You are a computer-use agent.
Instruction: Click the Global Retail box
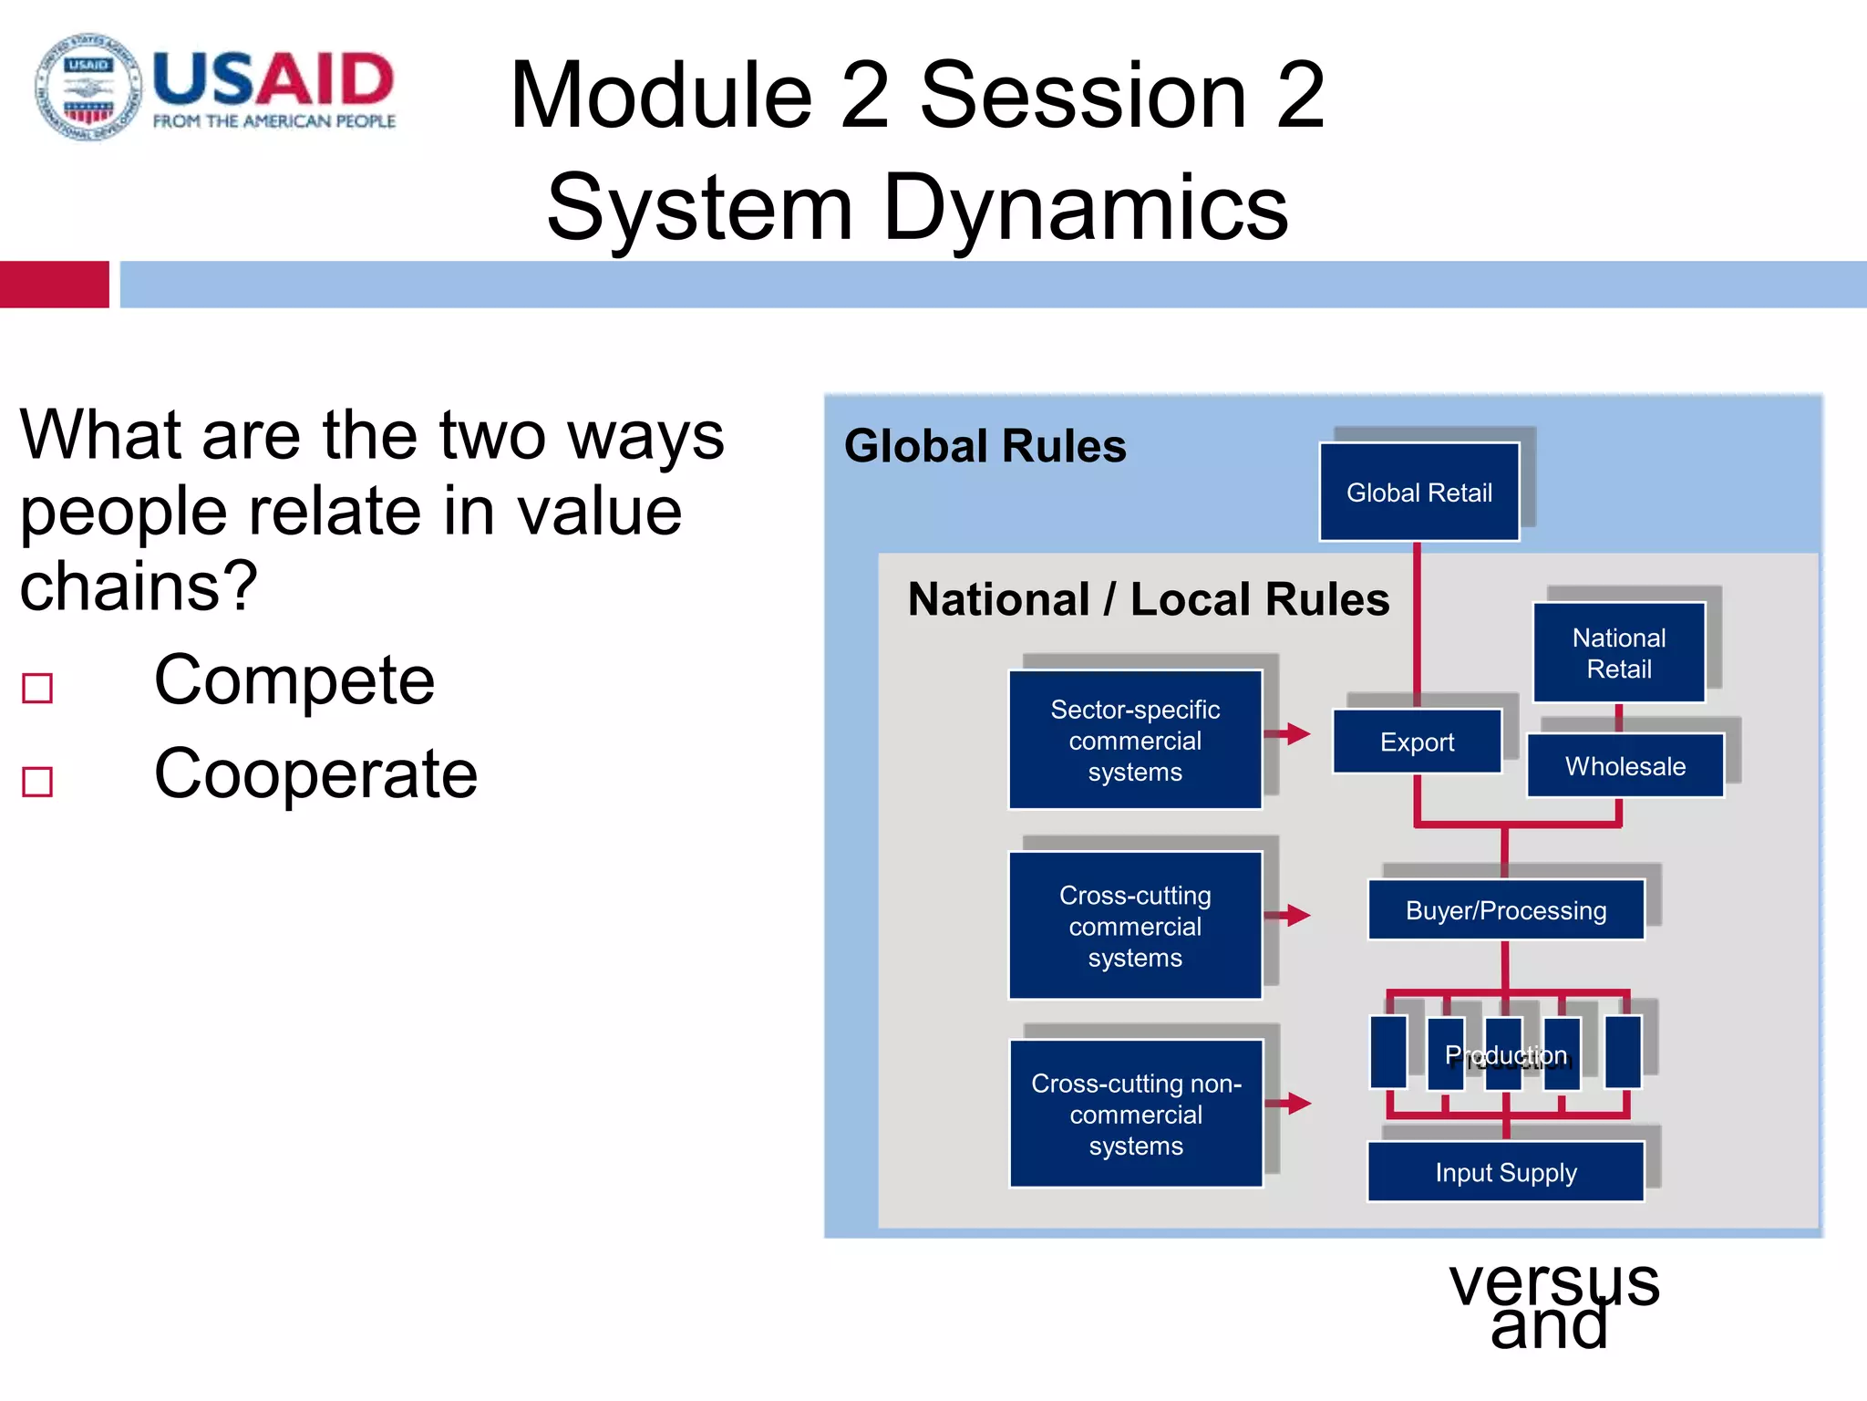(1418, 493)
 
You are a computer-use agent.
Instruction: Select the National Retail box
(1618, 653)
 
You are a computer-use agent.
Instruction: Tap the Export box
(1417, 742)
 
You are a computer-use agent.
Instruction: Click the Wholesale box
(1625, 766)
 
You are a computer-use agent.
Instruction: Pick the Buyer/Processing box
(1505, 910)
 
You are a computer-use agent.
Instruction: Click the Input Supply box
(1505, 1172)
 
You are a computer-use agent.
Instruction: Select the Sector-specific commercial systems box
(1135, 740)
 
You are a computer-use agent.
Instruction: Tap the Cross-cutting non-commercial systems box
(1136, 1114)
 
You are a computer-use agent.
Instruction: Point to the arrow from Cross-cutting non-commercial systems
(1289, 1104)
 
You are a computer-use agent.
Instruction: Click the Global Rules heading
(985, 446)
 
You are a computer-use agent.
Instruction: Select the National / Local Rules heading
(1148, 599)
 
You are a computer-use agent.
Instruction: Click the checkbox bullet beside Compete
(37, 688)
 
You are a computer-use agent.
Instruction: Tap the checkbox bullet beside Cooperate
(37, 782)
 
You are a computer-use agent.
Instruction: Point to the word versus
(1554, 1282)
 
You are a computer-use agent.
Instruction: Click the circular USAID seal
(88, 88)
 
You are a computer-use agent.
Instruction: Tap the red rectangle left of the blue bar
(54, 285)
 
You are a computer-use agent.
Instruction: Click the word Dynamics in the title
(1085, 208)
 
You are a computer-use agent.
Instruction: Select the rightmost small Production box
(1622, 1052)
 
